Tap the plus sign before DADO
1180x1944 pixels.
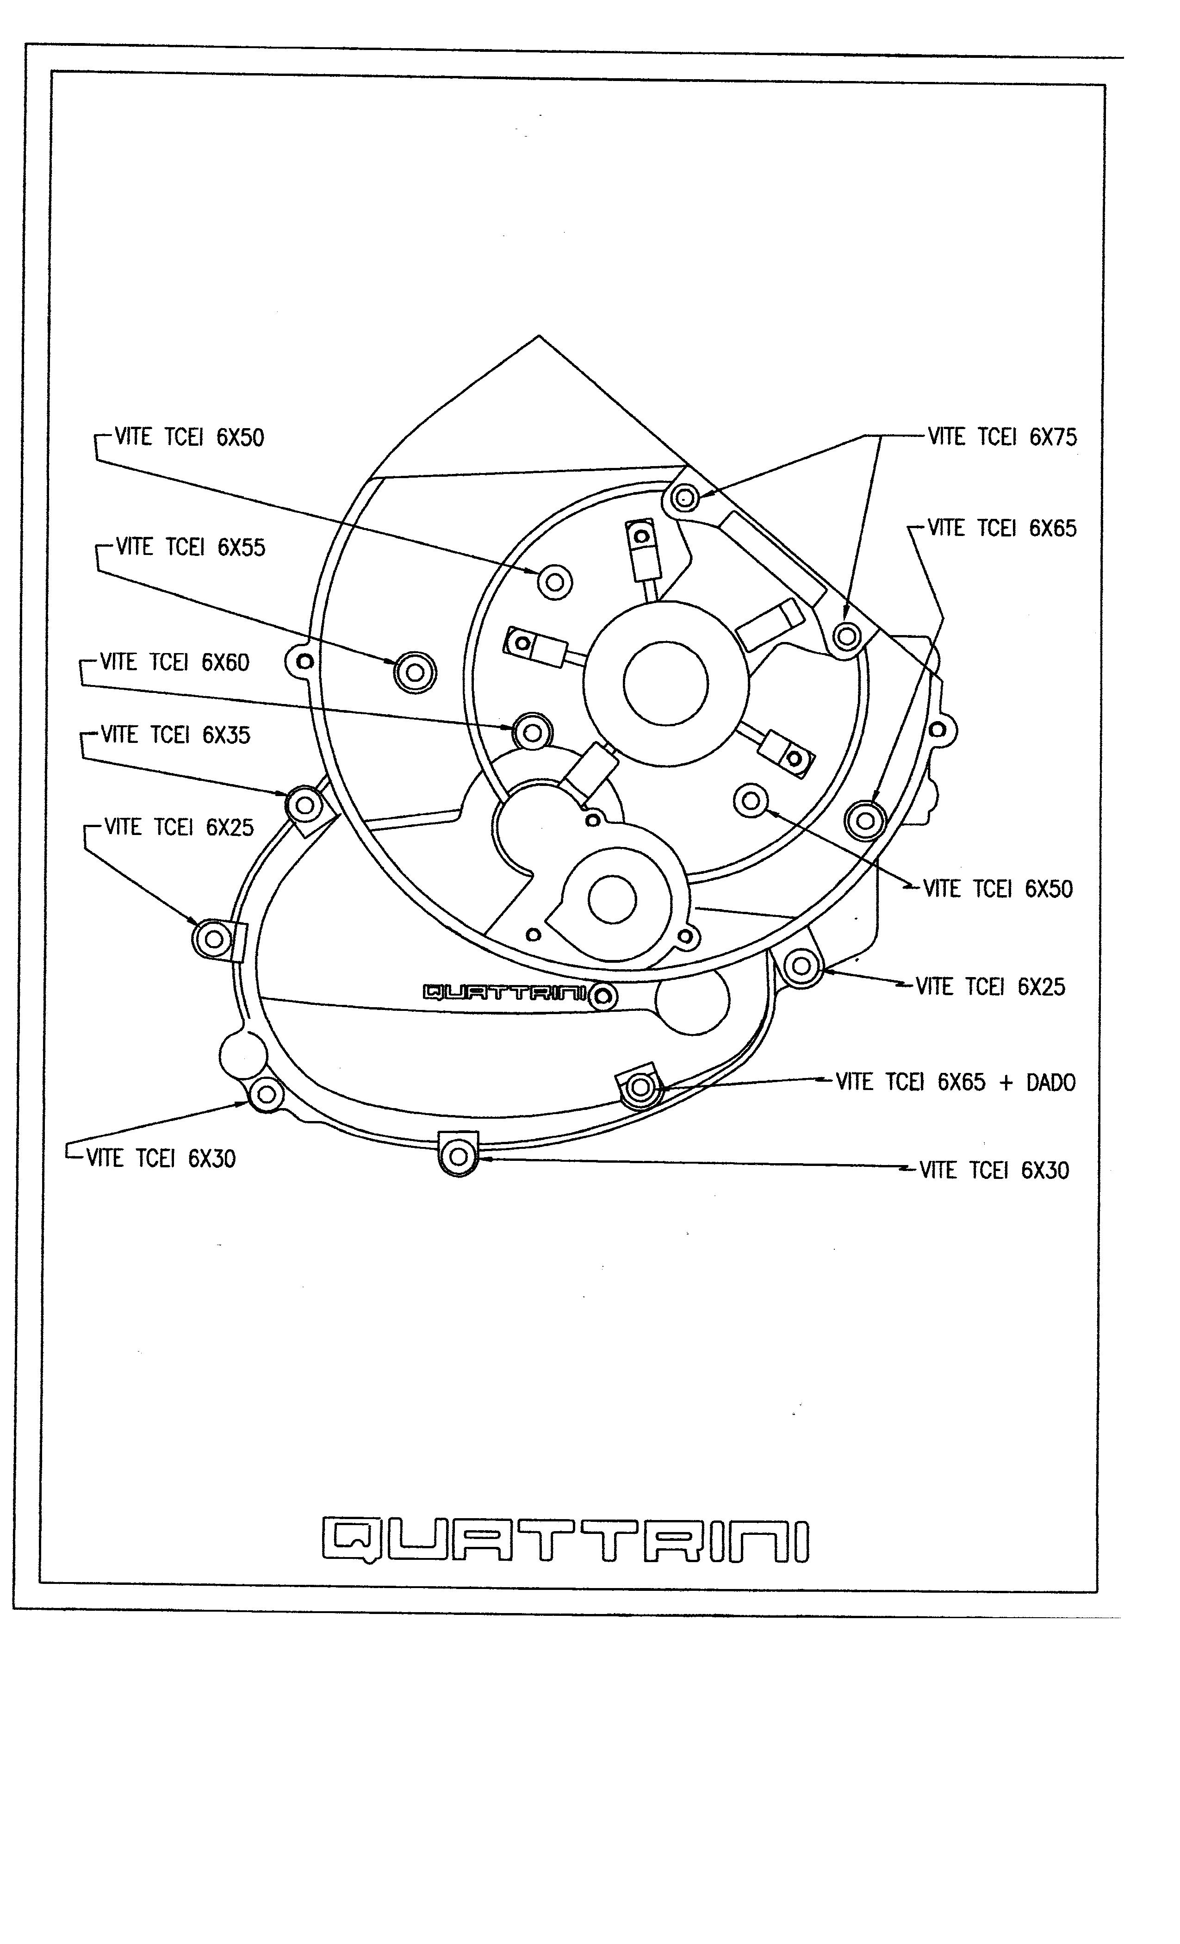1006,1083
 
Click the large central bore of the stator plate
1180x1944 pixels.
665,683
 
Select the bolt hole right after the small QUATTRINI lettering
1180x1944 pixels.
603,997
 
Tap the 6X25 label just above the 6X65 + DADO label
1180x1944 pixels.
990,987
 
